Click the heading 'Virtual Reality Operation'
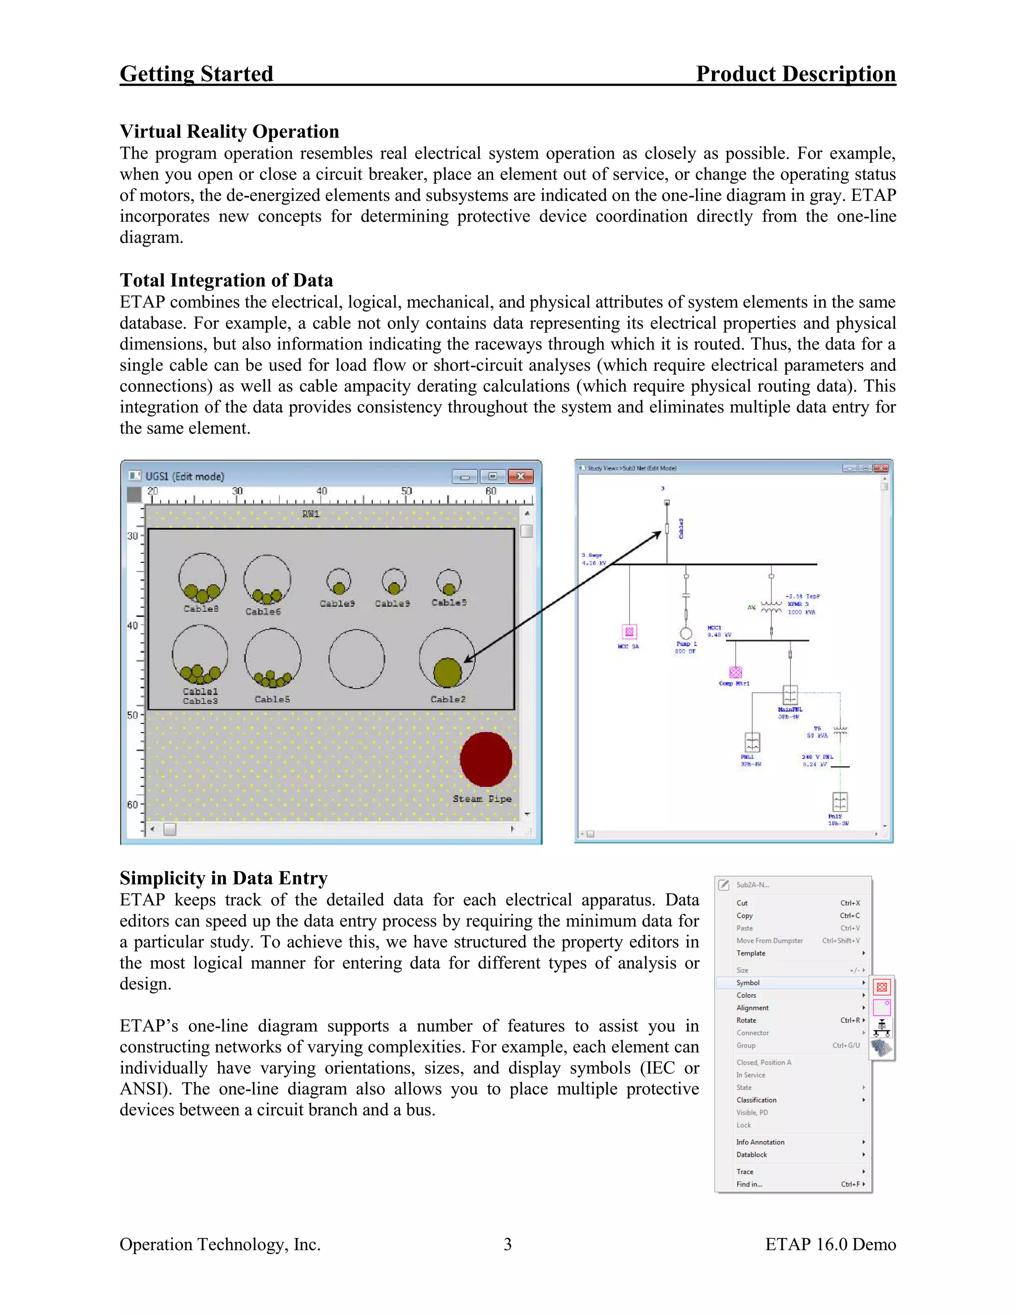click(229, 131)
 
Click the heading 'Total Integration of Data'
click(226, 280)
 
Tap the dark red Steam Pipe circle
click(486, 759)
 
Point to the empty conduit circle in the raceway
click(356, 659)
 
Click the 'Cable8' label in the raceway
click(201, 608)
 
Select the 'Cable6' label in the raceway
click(263, 611)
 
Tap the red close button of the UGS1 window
click(520, 477)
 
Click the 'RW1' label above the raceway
click(311, 514)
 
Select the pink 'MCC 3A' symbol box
click(629, 631)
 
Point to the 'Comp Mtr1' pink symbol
click(736, 672)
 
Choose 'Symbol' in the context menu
click(748, 982)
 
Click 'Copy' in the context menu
click(745, 915)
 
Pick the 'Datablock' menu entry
click(751, 1154)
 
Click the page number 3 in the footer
click(508, 1244)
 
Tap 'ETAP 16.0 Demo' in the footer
click(830, 1244)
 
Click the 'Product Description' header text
click(795, 74)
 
